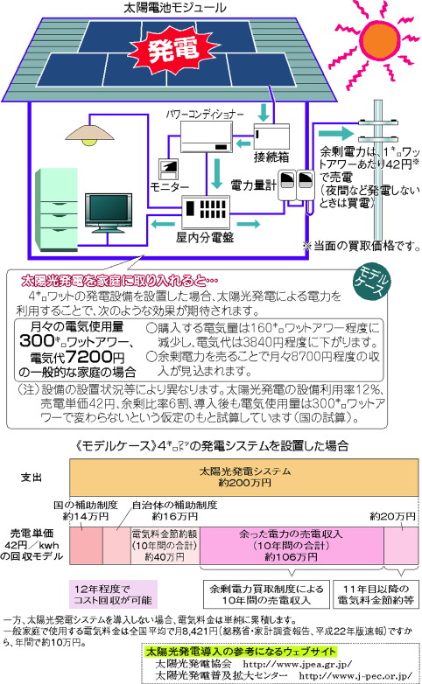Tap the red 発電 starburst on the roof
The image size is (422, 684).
tap(175, 50)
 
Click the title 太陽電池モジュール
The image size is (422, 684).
tap(175, 7)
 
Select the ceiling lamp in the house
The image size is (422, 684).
tap(90, 134)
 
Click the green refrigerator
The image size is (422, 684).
tap(56, 209)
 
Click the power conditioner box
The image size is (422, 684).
tap(207, 136)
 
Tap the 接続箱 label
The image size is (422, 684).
tap(271, 157)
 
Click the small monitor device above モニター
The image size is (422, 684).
tap(169, 170)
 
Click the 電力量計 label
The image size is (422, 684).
tap(253, 185)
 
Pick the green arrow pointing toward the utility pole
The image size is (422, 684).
tap(335, 133)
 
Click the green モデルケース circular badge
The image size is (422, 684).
tap(371, 283)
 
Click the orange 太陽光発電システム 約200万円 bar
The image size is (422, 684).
tap(243, 478)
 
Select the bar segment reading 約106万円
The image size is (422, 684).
tap(292, 546)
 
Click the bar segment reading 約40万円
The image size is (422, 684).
tap(165, 546)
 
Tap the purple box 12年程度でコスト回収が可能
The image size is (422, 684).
tap(113, 594)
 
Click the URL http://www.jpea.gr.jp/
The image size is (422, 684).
tap(297, 665)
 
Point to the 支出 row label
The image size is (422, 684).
tap(32, 478)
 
